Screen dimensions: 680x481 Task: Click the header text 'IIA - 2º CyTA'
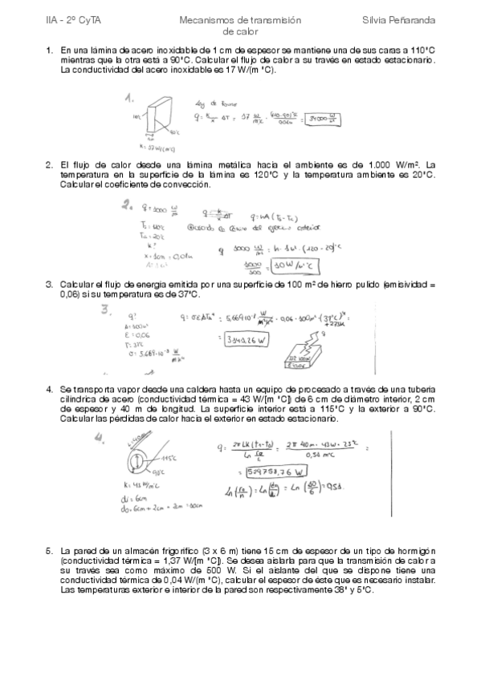pos(69,17)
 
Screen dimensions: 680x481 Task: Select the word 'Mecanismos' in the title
pos(204,17)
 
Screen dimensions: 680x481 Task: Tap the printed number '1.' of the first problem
pos(50,50)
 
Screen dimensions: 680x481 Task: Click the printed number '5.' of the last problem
pos(50,551)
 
